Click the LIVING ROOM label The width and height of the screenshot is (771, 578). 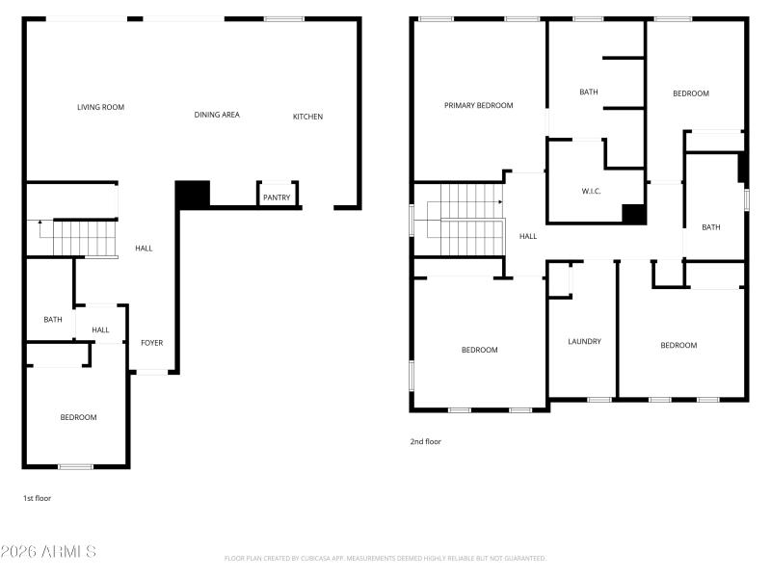pyautogui.click(x=100, y=107)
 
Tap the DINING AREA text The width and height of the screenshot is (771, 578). pyautogui.click(x=217, y=115)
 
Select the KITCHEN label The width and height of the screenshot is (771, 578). pyautogui.click(x=308, y=117)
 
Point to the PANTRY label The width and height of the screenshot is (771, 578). pyautogui.click(x=277, y=197)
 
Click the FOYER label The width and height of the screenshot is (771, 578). pyautogui.click(x=152, y=343)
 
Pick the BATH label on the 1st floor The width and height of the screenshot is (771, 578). pyautogui.click(x=52, y=320)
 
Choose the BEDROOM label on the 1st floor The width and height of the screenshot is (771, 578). pyautogui.click(x=78, y=417)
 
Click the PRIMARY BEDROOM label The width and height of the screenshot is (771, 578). pyautogui.click(x=478, y=105)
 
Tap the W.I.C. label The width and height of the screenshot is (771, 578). pyautogui.click(x=592, y=191)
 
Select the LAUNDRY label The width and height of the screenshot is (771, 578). pyautogui.click(x=584, y=341)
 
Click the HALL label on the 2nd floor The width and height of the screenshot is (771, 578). pyautogui.click(x=528, y=236)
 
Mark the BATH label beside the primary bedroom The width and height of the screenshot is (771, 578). pyautogui.click(x=588, y=92)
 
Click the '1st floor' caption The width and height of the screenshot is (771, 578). pyautogui.click(x=37, y=498)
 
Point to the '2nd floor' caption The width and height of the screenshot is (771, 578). pyautogui.click(x=425, y=441)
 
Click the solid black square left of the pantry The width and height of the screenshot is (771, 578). pyautogui.click(x=192, y=194)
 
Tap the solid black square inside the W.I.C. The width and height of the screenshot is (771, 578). pyautogui.click(x=633, y=214)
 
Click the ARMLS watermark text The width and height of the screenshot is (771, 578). pyautogui.click(x=48, y=552)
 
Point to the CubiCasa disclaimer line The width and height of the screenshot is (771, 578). pyautogui.click(x=385, y=558)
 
